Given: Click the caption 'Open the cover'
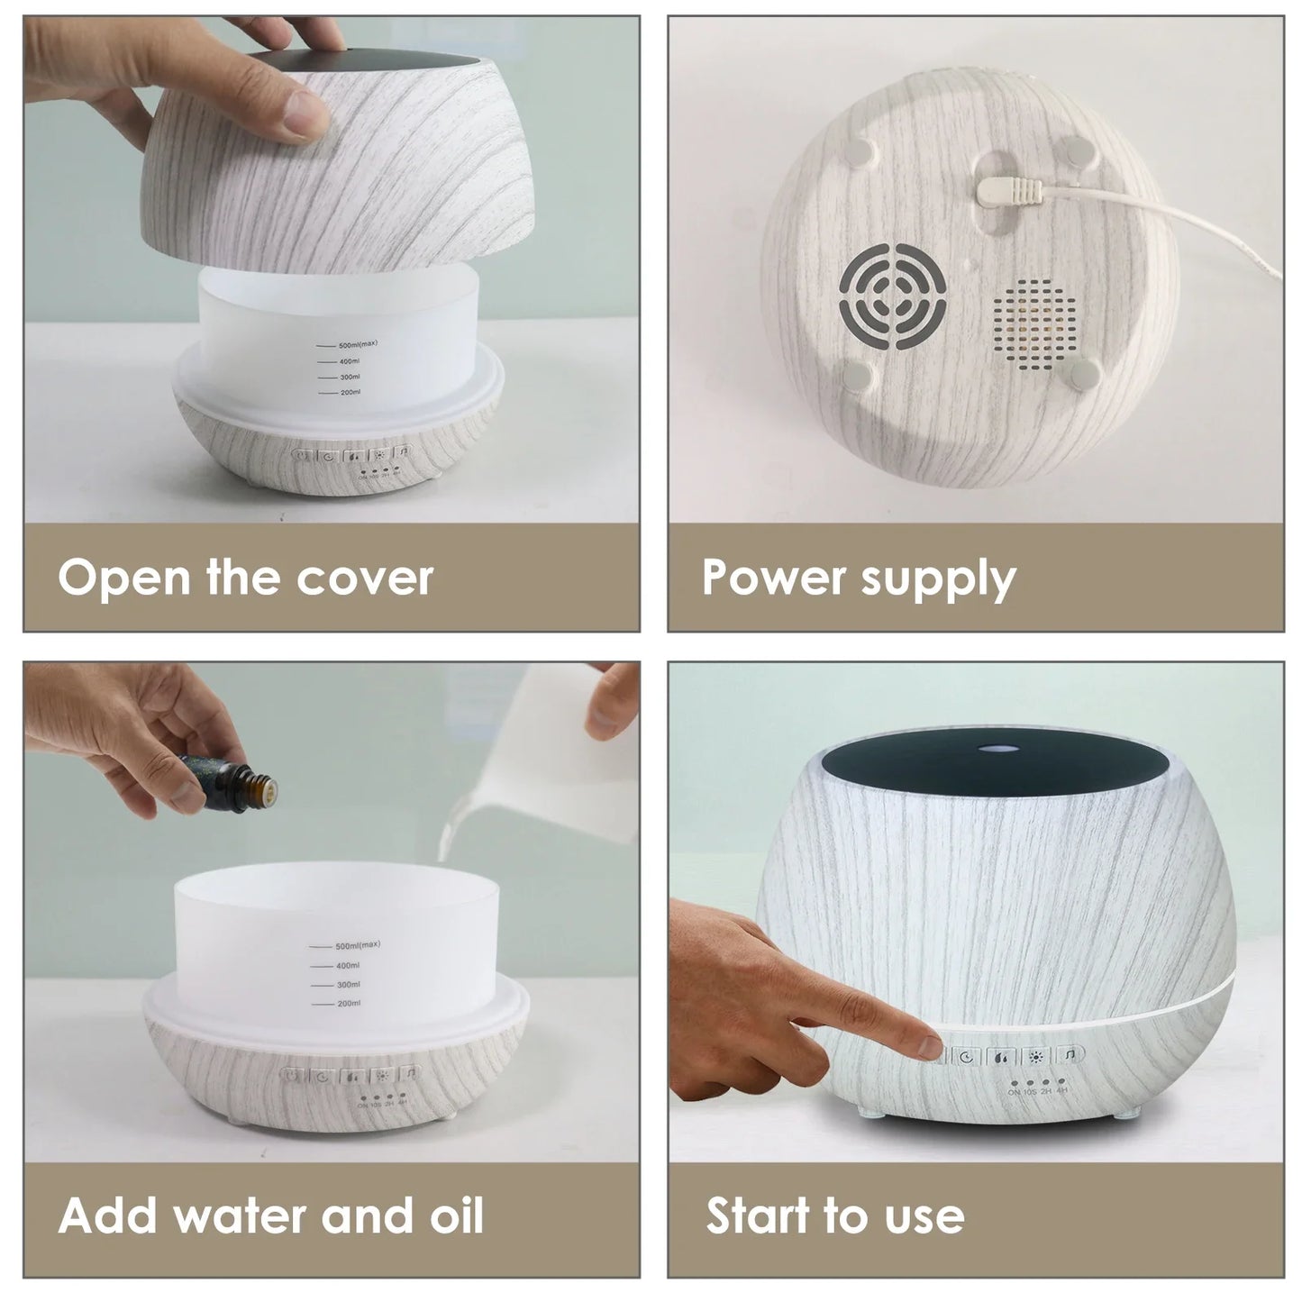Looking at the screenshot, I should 246,578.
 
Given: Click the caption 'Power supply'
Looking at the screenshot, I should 858,578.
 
